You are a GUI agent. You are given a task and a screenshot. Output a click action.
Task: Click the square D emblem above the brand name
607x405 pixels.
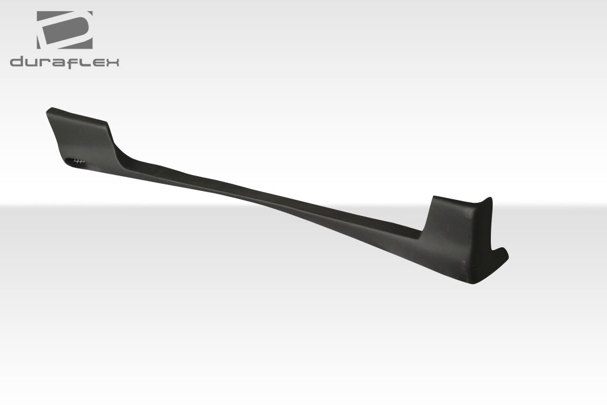pos(65,30)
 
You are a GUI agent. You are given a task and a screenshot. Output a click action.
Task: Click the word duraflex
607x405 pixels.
pos(65,62)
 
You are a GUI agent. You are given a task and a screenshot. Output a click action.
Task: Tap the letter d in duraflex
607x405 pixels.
pos(17,62)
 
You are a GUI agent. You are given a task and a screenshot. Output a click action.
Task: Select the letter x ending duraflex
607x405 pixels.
pos(112,63)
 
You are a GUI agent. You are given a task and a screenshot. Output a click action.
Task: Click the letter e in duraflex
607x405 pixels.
pos(97,63)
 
